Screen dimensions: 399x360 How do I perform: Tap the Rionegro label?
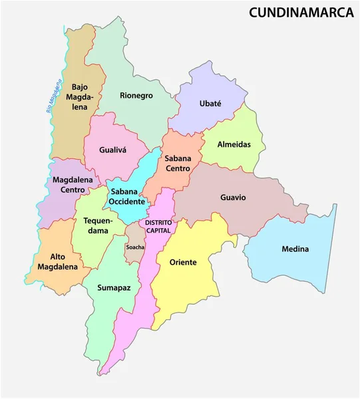136,95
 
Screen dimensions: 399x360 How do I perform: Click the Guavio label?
233,198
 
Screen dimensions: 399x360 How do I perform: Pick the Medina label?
295,249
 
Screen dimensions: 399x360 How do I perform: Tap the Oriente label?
183,262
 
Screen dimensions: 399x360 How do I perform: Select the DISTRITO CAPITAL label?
158,225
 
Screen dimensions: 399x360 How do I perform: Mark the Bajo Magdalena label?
80,97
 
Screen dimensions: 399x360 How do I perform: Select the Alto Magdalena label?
64,261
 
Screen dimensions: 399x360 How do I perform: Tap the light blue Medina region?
293,266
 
